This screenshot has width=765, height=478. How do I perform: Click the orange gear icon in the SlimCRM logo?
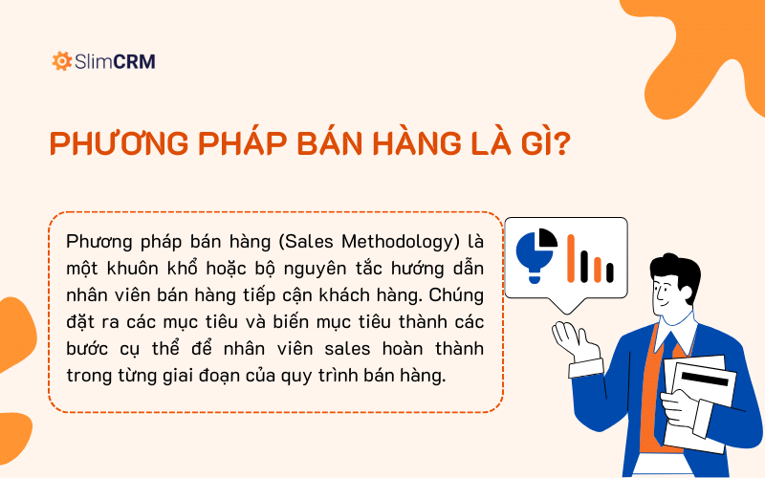[62, 62]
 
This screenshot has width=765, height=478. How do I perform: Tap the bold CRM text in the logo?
[134, 62]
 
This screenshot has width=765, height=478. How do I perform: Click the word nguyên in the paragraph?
[308, 266]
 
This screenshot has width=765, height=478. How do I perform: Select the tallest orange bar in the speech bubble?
[572, 258]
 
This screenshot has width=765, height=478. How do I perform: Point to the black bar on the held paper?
[706, 379]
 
